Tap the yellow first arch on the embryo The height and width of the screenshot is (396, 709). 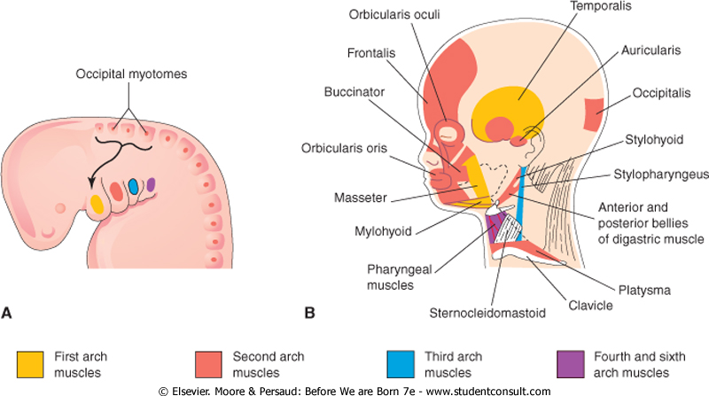click(x=96, y=203)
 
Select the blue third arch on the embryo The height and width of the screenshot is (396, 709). click(x=133, y=187)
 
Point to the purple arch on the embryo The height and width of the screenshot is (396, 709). click(x=152, y=184)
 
